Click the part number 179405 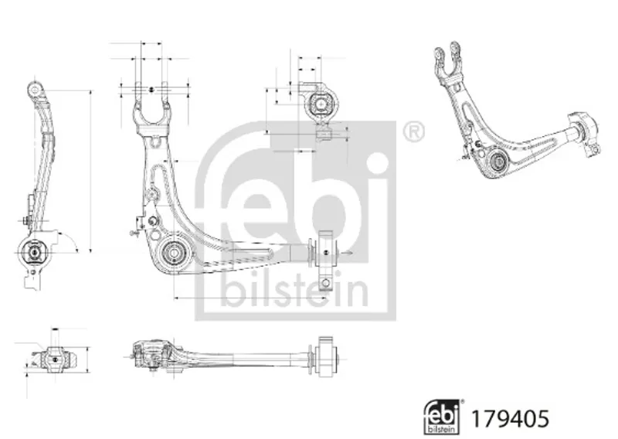(510, 418)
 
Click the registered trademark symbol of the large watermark (414, 132)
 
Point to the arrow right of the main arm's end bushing (347, 253)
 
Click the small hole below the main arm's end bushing (325, 283)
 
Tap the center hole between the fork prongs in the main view (151, 90)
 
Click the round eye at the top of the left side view (35, 89)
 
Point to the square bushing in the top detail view (321, 104)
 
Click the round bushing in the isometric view (497, 162)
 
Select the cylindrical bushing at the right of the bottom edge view (324, 358)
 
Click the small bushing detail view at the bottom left (55, 359)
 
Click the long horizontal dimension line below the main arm (250, 298)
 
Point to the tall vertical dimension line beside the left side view (91, 171)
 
